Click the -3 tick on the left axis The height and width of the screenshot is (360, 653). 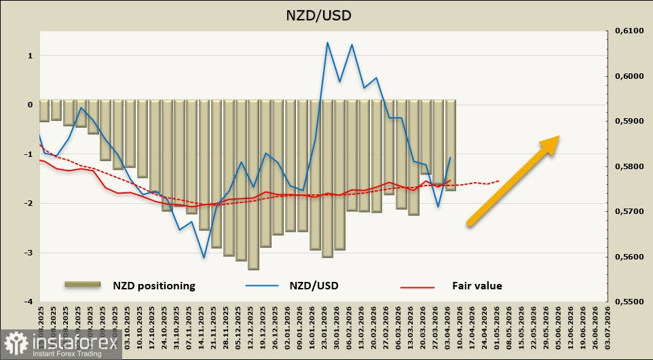coord(29,253)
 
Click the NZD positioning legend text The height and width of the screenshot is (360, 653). coord(153,286)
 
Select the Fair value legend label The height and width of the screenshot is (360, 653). coord(477,286)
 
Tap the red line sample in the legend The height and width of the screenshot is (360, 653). coord(417,287)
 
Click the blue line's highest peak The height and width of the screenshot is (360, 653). coord(327,43)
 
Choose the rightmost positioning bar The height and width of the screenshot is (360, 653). coord(451,145)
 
